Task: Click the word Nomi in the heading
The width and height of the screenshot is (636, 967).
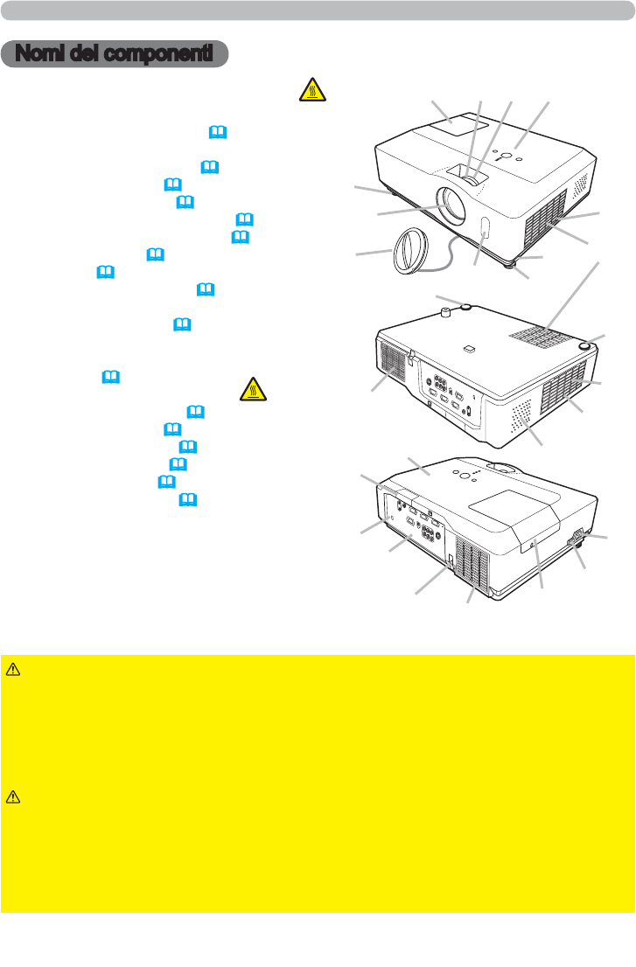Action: click(39, 53)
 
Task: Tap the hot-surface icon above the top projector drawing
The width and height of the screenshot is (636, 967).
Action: click(313, 90)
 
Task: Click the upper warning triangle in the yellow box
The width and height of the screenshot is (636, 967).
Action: click(12, 669)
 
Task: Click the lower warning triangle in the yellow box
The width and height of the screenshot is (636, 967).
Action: click(12, 797)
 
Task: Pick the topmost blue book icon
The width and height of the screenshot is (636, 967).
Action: click(218, 132)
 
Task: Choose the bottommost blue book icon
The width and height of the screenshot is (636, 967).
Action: click(187, 499)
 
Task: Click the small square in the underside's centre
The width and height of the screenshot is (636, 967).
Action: click(470, 348)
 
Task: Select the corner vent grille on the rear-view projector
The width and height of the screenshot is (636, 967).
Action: click(472, 563)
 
